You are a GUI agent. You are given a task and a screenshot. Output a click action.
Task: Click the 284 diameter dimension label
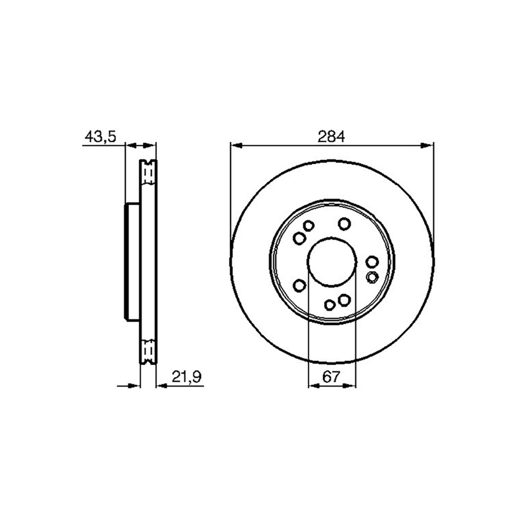331,136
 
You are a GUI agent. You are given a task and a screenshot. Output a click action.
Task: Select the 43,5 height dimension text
100,136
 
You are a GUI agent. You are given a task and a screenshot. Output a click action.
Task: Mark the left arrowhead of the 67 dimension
313,386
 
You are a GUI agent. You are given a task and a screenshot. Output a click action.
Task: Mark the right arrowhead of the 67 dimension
351,386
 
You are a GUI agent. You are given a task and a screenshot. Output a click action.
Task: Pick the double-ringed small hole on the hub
372,277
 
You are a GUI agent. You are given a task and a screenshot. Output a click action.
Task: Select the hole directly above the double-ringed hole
372,262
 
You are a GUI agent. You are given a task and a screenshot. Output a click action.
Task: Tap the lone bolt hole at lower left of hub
300,285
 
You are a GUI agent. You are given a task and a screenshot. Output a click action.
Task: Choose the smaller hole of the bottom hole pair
330,305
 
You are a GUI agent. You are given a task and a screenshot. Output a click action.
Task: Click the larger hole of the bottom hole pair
344,300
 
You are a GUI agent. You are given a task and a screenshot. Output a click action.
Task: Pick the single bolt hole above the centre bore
345,223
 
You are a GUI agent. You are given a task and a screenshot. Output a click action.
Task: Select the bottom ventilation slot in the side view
148,350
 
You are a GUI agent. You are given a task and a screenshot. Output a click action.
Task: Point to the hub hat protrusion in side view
132,262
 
